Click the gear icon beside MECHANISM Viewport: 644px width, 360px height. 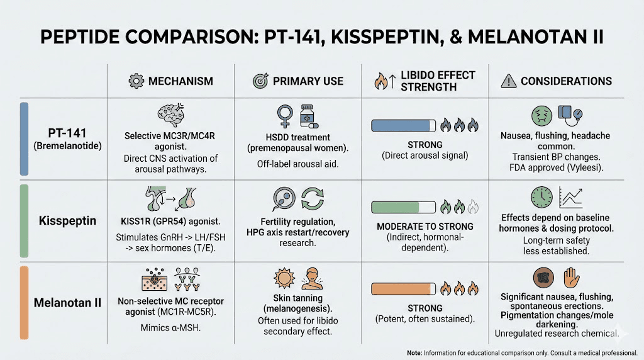click(135, 81)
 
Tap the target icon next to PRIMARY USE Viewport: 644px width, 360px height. click(260, 81)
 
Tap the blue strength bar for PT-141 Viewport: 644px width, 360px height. click(404, 126)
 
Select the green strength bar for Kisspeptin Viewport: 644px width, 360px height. click(404, 206)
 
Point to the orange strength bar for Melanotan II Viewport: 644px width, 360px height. click(404, 289)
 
